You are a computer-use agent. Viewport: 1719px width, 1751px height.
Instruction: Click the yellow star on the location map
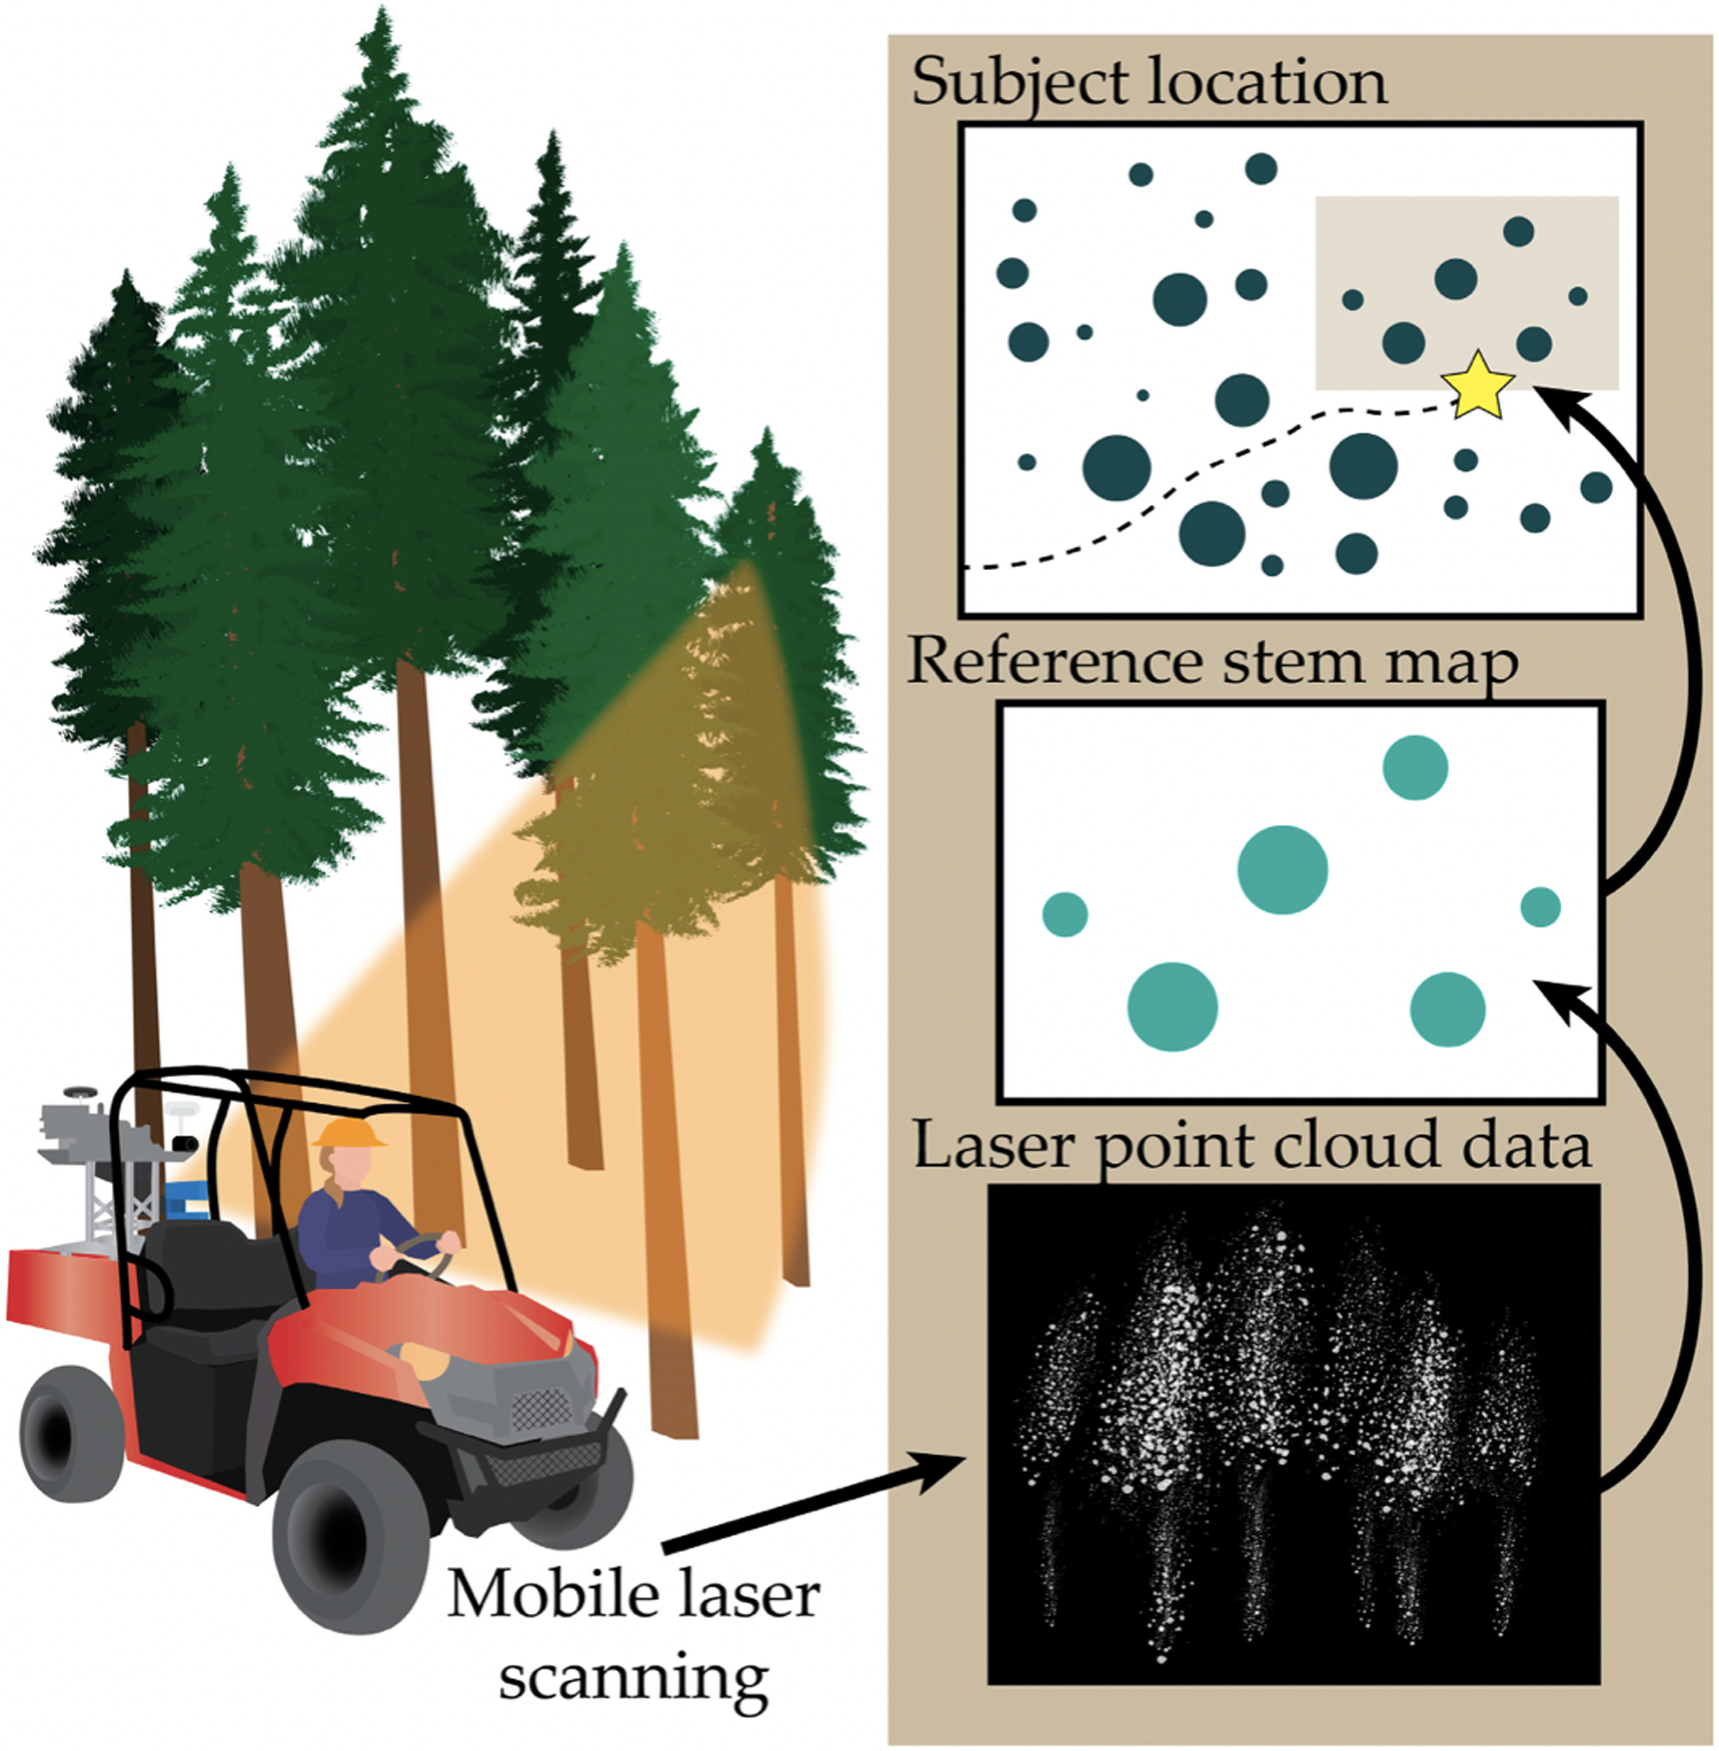pyautogui.click(x=1477, y=385)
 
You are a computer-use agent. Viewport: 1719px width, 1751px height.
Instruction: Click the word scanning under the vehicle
pyautogui.click(x=633, y=1679)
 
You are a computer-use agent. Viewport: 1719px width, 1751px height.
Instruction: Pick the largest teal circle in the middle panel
pyautogui.click(x=1282, y=870)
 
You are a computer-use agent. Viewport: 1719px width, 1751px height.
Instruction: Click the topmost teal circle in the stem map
pyautogui.click(x=1415, y=768)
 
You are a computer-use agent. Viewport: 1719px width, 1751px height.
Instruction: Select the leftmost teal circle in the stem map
pyautogui.click(x=1064, y=914)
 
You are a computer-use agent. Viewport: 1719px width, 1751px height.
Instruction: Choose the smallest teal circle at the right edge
pyautogui.click(x=1540, y=907)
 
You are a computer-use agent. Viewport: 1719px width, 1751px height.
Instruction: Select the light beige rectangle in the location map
pyautogui.click(x=1466, y=293)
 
